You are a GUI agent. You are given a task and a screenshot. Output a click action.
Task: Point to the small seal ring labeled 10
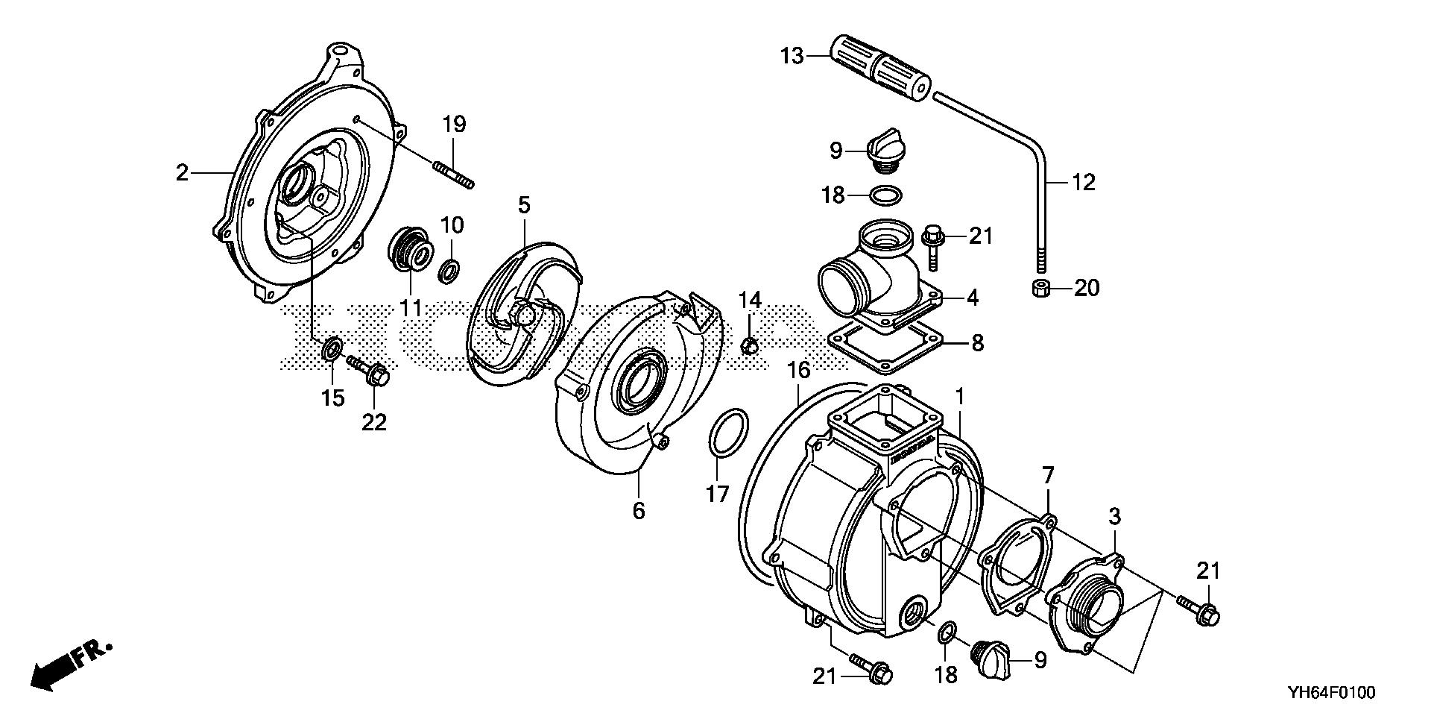449,270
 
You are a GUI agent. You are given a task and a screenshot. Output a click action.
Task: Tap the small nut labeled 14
751,345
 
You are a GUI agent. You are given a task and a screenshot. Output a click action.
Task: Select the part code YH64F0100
1330,693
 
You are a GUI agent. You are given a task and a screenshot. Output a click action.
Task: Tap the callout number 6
639,511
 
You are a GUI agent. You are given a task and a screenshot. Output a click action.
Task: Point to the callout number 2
182,173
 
